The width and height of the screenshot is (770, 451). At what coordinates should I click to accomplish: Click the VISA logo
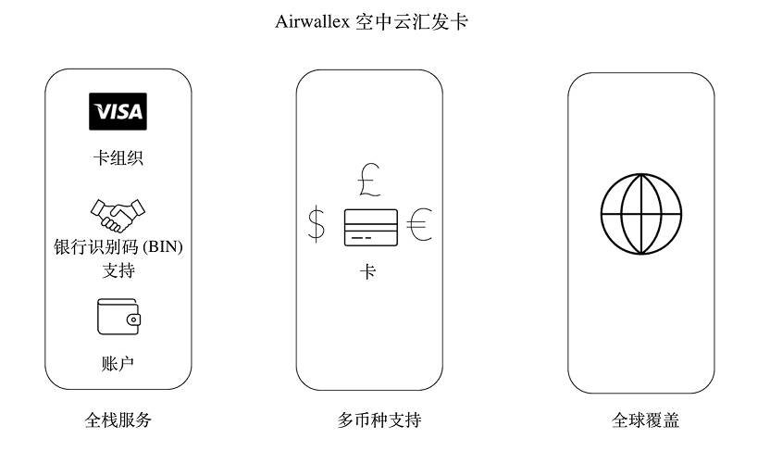[118, 112]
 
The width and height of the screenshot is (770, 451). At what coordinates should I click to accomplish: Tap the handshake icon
[118, 215]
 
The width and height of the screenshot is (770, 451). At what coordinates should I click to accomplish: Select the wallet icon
[118, 317]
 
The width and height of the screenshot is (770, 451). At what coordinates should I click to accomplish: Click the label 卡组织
[118, 158]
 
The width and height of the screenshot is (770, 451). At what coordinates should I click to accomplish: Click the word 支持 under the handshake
[118, 271]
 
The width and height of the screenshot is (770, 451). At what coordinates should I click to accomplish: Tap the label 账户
[118, 363]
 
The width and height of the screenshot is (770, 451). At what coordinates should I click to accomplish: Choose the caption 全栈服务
[118, 420]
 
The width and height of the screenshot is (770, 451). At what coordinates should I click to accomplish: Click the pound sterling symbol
[368, 181]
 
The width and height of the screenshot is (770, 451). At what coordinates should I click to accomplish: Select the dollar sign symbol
[317, 225]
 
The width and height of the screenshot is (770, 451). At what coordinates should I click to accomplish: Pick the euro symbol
[420, 225]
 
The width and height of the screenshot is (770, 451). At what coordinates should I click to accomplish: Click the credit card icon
[370, 228]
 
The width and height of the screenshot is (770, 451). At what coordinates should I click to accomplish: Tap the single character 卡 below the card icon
[368, 273]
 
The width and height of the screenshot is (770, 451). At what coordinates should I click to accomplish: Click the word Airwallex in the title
[312, 22]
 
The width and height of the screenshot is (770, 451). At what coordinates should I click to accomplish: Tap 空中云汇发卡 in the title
[411, 22]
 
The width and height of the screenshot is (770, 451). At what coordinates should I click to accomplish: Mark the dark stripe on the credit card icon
[370, 221]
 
